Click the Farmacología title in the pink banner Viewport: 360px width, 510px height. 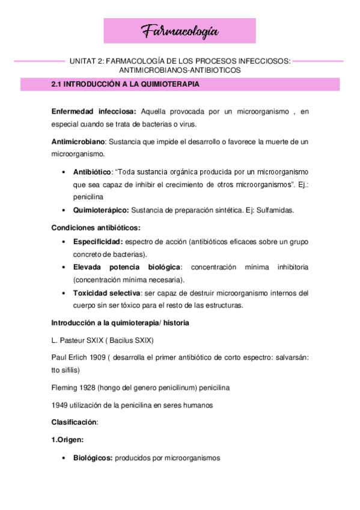click(180, 31)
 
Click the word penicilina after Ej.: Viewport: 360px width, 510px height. click(88, 197)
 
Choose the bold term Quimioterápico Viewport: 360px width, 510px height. click(100, 210)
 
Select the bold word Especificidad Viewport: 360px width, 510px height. click(98, 241)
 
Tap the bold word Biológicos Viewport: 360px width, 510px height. click(93, 458)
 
